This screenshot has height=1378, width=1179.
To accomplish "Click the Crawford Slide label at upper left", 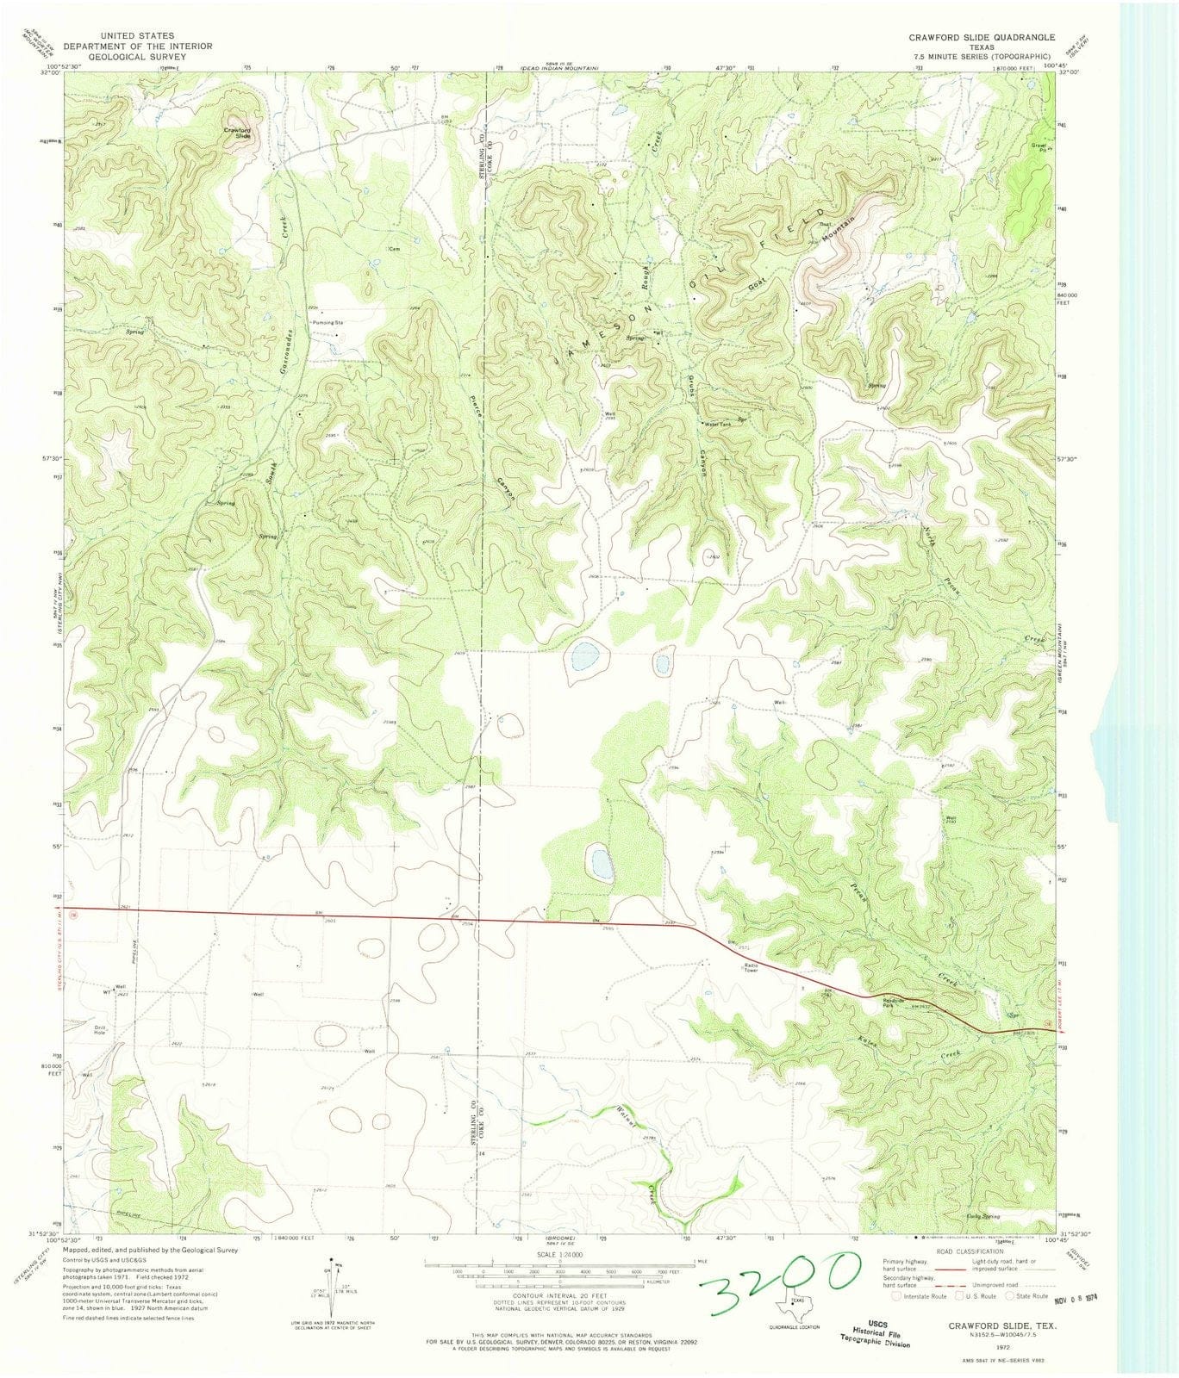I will tap(237, 133).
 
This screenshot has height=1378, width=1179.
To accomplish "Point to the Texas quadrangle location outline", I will tap(789, 1306).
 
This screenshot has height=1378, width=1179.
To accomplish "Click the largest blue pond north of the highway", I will tap(583, 659).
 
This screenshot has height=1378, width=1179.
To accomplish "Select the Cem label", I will tap(395, 249).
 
